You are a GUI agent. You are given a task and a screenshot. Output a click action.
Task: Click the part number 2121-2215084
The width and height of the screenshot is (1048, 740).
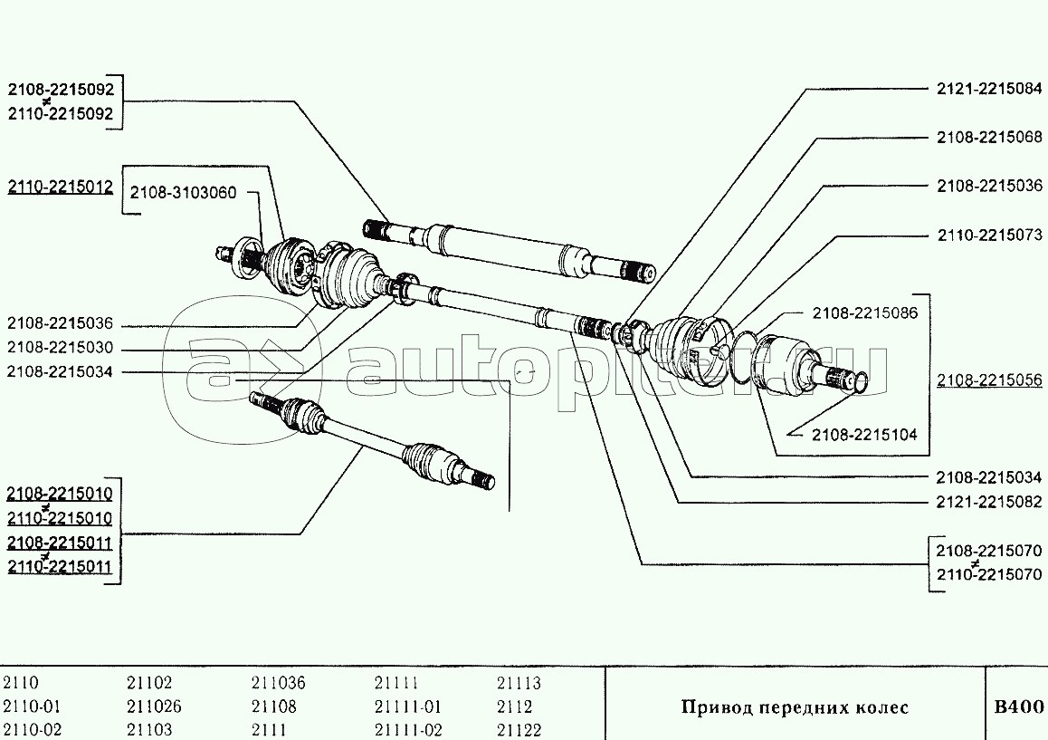coord(989,89)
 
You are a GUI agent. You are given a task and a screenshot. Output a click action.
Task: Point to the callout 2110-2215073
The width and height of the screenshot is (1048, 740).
coord(989,235)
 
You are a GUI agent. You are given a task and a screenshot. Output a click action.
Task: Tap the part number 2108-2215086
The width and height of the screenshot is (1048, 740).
coord(864,313)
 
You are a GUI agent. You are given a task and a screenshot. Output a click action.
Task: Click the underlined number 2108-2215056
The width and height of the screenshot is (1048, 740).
coord(989,380)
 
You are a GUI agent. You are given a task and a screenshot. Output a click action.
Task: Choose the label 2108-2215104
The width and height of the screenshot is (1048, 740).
coord(864,435)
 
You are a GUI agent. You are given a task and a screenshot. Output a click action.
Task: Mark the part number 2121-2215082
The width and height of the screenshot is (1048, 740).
coord(989,502)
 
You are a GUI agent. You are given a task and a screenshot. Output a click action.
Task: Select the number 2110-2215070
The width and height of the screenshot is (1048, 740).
coord(989,574)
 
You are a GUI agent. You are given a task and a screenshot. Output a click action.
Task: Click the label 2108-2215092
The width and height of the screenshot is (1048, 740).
coord(61,90)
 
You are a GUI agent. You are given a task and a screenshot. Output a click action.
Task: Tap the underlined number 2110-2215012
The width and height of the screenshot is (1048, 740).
coord(61,187)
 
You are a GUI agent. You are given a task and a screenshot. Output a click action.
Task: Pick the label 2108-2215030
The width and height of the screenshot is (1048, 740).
coord(61,349)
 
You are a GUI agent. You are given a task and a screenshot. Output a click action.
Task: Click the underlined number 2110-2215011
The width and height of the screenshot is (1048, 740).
coord(61,567)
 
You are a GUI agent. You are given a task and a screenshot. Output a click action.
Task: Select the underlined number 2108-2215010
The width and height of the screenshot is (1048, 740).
coord(61,494)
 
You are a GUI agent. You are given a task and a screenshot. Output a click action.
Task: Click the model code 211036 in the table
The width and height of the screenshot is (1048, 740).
coord(278,684)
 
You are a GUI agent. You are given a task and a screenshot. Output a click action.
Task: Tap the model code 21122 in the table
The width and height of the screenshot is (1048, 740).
coord(519,730)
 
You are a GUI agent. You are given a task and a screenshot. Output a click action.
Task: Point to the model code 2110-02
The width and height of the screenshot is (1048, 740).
coord(33,730)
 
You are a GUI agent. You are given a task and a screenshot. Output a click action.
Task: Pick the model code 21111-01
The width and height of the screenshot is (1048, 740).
coord(407,706)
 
